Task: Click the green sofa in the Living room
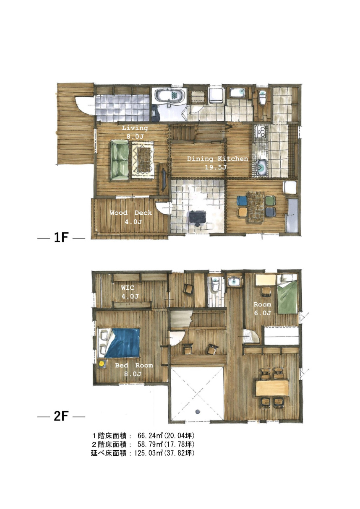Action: point(120,160)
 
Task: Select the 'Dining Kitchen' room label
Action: point(217,158)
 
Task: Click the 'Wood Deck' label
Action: point(131,213)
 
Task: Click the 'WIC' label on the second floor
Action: point(128,288)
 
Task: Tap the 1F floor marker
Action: point(61,238)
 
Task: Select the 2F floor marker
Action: point(61,417)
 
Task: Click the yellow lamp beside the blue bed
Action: point(101,364)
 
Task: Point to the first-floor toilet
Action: point(262,98)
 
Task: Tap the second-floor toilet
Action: point(215,285)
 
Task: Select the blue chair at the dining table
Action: point(242,200)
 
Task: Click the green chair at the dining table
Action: point(271,200)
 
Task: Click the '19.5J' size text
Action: point(216,167)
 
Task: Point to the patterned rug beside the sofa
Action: point(143,160)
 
